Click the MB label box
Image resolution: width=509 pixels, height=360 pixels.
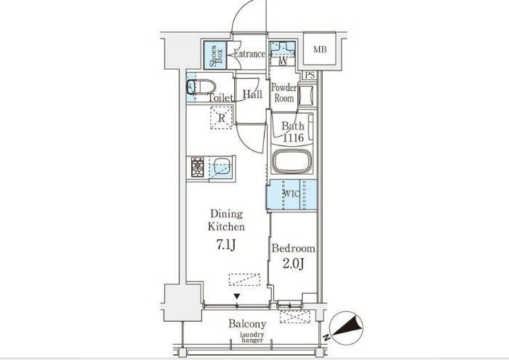[320, 49]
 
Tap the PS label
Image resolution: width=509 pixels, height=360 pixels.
[310, 76]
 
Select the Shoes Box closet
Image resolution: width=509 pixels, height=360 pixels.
[215, 55]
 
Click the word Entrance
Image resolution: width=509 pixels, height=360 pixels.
[249, 54]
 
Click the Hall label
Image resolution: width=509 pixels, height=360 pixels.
[252, 95]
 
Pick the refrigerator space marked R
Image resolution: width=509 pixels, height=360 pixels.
[221, 118]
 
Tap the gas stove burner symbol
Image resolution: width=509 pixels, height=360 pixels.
[197, 167]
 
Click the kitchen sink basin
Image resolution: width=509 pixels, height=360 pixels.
[222, 167]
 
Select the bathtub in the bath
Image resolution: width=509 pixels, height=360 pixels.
[291, 161]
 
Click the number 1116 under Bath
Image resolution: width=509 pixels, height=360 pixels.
[293, 138]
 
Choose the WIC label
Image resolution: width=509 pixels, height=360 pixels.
[292, 193]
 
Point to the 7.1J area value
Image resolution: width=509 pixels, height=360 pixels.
[226, 245]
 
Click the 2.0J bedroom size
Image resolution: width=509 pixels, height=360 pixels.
[293, 264]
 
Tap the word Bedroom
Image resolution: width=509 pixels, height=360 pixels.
[294, 249]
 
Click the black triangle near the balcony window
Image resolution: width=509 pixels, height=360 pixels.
[237, 297]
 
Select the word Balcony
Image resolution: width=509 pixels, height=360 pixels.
[247, 324]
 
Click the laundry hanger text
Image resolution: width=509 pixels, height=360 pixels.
[252, 337]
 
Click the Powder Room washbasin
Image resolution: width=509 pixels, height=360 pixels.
[306, 95]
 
